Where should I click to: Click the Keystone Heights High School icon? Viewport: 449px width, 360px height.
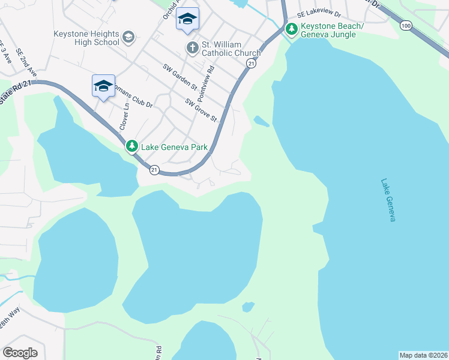coord(128,38)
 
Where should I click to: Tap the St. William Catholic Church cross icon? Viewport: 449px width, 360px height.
coord(192,48)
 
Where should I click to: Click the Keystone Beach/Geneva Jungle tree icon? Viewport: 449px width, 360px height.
coord(291,28)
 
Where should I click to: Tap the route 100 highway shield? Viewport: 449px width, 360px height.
coord(406,25)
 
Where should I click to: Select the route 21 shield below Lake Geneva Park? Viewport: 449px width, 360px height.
coord(154,170)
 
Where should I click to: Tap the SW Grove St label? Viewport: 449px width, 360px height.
coord(201,110)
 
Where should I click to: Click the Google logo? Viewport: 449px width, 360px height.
coord(20,353)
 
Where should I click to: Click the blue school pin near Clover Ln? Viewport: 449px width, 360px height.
coord(103,86)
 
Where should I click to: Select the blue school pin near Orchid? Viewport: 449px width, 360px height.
coord(187,20)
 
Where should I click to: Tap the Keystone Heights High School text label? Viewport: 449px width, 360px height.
coord(86,38)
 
